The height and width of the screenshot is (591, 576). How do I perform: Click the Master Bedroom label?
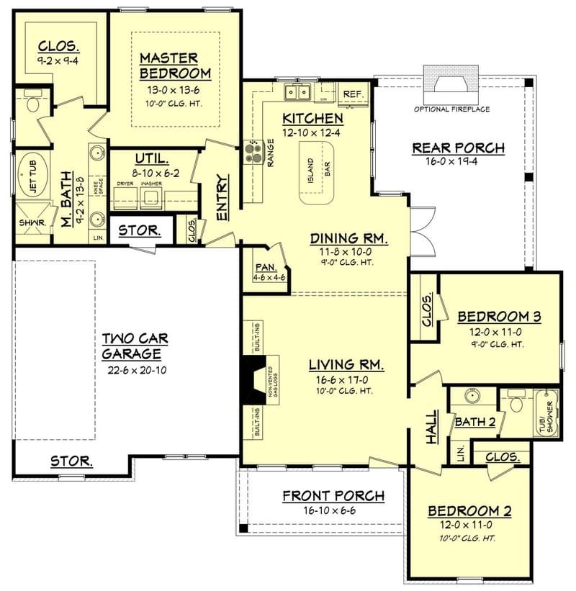click(x=175, y=65)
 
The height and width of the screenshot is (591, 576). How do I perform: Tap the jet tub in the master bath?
click(x=31, y=177)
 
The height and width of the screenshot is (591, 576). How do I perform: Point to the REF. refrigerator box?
click(x=353, y=94)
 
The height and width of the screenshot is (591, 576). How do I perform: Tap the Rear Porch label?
click(x=458, y=148)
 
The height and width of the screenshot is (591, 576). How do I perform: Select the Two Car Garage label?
click(x=131, y=346)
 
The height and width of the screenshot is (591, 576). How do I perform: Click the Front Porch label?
click(x=333, y=495)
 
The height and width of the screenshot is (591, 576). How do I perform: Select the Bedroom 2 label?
click(x=469, y=511)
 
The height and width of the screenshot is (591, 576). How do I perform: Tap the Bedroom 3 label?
click(x=499, y=316)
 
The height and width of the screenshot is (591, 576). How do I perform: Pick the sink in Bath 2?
click(x=472, y=396)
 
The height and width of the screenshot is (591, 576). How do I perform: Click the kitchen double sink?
click(x=297, y=92)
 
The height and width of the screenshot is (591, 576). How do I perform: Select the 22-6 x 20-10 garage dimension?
click(x=131, y=370)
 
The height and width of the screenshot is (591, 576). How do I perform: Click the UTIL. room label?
click(x=151, y=158)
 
